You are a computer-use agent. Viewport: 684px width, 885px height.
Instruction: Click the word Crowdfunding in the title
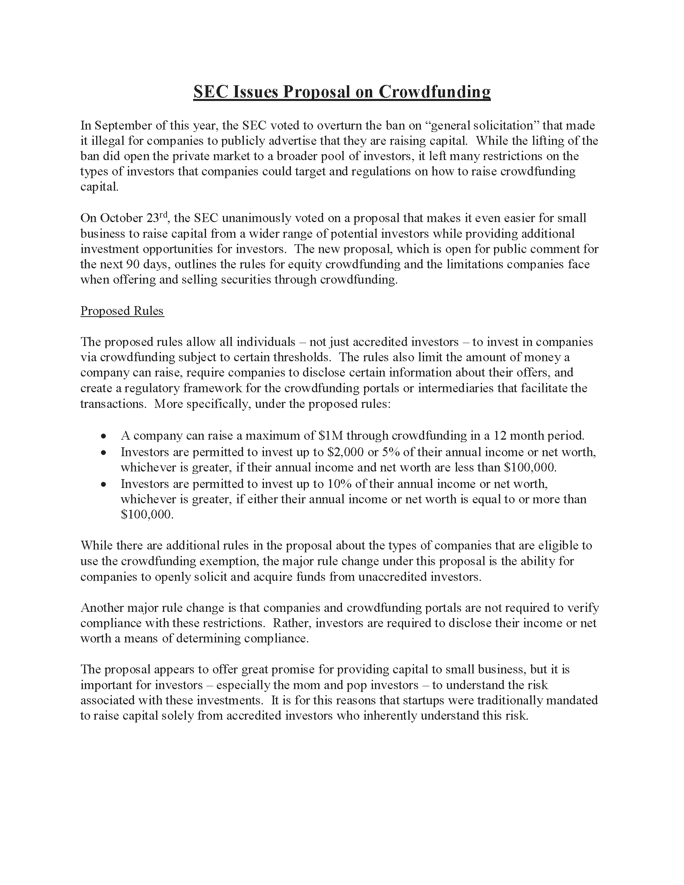coord(435,92)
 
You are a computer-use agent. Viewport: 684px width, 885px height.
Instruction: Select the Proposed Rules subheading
coord(122,311)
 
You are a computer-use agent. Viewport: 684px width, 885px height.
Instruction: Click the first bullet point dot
coord(104,436)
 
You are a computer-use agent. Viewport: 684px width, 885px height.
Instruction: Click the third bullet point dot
coord(104,484)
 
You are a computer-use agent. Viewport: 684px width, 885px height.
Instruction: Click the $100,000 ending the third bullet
coord(147,515)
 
